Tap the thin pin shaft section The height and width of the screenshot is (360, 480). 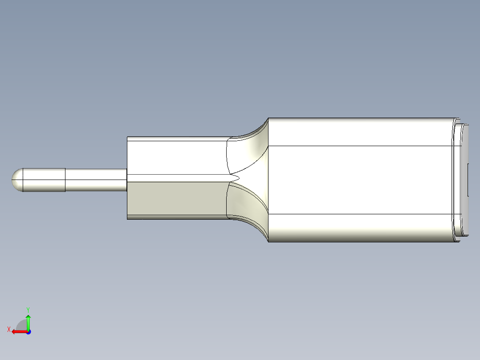[x=96, y=180]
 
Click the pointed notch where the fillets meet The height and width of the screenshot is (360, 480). [x=236, y=178]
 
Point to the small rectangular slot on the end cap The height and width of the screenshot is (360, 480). [x=469, y=180]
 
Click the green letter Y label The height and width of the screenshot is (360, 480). [x=28, y=309]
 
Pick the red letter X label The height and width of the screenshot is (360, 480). [x=8, y=330]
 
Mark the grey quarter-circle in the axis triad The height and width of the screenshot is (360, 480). [x=22, y=326]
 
